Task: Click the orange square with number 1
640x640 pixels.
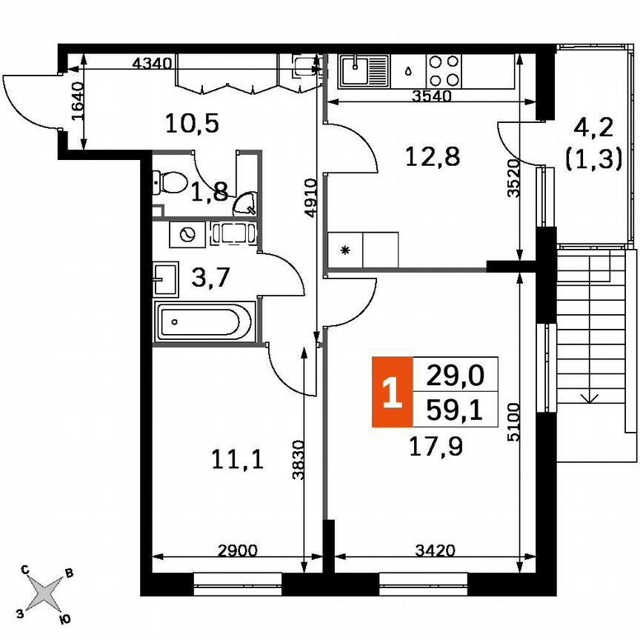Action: tap(391, 393)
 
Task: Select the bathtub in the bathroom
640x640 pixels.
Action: tap(204, 321)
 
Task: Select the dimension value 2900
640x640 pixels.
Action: tap(239, 550)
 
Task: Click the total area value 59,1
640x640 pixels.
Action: tap(455, 410)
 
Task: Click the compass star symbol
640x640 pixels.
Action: tap(46, 593)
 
